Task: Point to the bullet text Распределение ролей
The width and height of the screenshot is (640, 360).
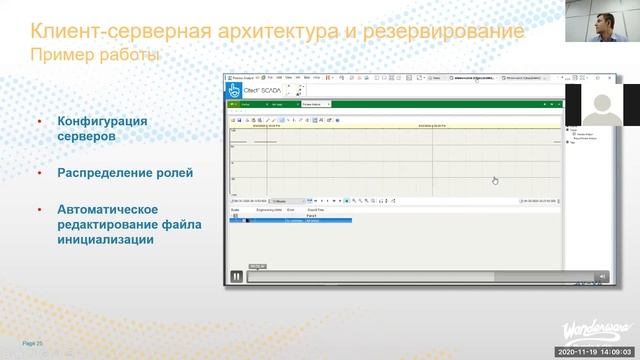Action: (125, 172)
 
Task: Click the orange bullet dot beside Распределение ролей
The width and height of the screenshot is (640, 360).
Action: (39, 172)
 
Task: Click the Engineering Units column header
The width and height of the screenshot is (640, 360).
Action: (268, 210)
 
